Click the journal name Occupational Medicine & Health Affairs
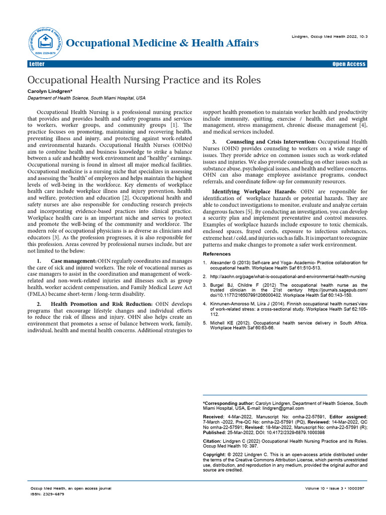tap(162, 43)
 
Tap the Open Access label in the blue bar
tap(349, 64)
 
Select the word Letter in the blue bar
tap(37, 64)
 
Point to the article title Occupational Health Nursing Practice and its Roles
tap(144, 80)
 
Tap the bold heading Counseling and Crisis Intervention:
tap(271, 142)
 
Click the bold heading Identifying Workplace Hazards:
tap(254, 192)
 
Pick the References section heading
tap(217, 254)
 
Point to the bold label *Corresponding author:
tap(228, 403)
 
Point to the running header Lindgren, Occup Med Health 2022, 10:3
tap(329, 38)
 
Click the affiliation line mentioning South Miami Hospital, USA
tap(86, 98)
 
